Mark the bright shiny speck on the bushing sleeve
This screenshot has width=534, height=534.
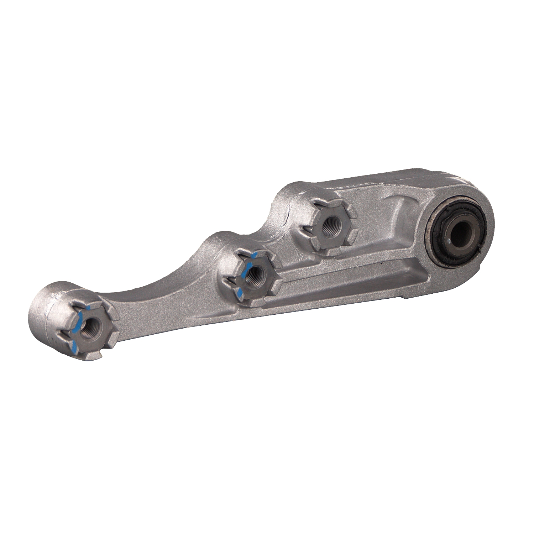click(451, 242)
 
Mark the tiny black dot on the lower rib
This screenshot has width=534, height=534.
click(381, 264)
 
